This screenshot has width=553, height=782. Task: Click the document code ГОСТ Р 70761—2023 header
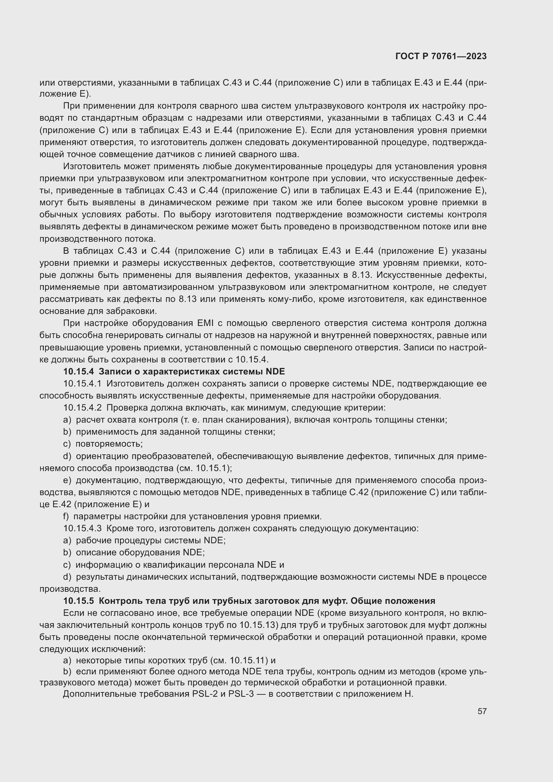click(x=441, y=57)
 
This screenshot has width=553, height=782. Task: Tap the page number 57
click(x=482, y=711)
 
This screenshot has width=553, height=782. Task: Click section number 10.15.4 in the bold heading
click(x=78, y=371)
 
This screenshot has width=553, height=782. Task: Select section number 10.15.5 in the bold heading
click(x=78, y=601)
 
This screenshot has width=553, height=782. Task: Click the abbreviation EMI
click(x=205, y=323)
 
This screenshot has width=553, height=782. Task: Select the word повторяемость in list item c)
click(x=109, y=444)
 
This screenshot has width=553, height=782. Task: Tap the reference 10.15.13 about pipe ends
click(x=257, y=625)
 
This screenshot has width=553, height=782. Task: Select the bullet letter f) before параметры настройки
click(x=66, y=516)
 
